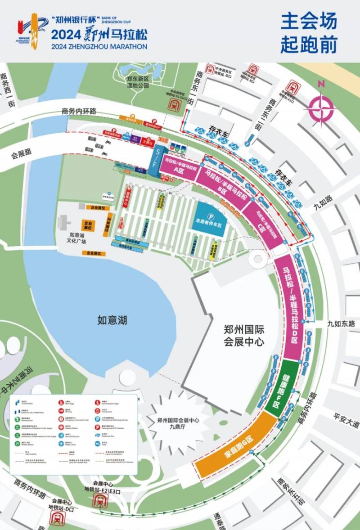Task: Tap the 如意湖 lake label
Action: (112, 320)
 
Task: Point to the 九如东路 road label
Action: (341, 323)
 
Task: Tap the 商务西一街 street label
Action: (8, 90)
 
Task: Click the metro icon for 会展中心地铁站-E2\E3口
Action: (99, 500)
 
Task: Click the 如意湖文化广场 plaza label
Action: (77, 238)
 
